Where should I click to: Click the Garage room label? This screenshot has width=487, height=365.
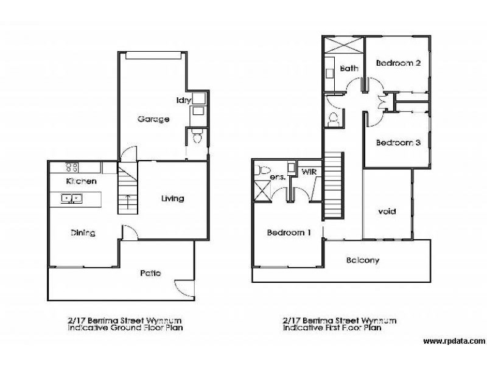point(153,119)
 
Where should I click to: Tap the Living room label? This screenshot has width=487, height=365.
point(173,199)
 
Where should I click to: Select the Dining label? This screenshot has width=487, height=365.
point(83,233)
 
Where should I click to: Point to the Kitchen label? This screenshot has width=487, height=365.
point(82,181)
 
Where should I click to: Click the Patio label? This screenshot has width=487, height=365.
point(150,273)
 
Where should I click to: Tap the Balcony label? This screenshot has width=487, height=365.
point(363,260)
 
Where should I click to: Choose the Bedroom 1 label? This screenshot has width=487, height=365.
point(289,232)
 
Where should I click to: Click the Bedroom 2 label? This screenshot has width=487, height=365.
point(399,63)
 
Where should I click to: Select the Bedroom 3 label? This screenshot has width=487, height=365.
point(399,143)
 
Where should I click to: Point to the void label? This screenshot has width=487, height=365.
point(387,212)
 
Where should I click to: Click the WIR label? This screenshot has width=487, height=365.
point(309,172)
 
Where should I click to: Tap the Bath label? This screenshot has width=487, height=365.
point(349,68)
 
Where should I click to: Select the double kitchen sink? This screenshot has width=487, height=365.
point(71,198)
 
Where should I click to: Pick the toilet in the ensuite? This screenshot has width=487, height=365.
point(262,170)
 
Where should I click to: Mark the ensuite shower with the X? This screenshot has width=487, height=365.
point(262,192)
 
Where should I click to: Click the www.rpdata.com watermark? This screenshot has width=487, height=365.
point(454,341)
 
